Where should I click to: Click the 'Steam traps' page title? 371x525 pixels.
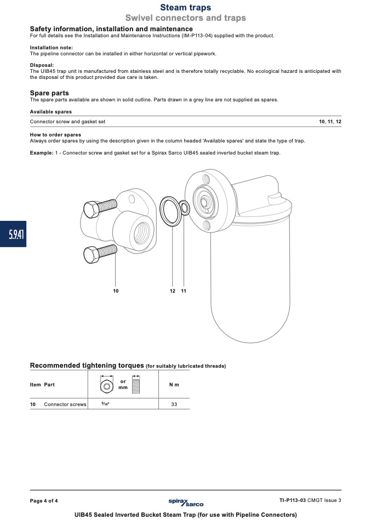[x=185, y=7]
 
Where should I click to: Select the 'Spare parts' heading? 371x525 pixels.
[x=49, y=93]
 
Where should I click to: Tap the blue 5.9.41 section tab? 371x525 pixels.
[x=13, y=234]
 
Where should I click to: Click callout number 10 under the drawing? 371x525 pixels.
[x=116, y=291]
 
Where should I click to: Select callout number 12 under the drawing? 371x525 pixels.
[x=173, y=291]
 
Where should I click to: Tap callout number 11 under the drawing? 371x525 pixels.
[x=184, y=291]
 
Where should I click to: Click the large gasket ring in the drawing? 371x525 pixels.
[x=161, y=212]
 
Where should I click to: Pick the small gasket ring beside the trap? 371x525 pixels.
[x=181, y=208]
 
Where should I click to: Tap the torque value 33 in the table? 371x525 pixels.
[x=174, y=404]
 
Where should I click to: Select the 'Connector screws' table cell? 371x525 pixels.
[x=65, y=404]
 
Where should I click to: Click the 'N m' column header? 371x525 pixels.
[x=174, y=385]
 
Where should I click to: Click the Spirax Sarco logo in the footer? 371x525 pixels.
[x=186, y=502]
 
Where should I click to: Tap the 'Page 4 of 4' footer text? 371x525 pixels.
[x=43, y=501]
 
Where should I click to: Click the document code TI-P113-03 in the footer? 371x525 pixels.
[x=292, y=500]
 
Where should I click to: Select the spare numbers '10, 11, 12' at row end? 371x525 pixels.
[x=330, y=122]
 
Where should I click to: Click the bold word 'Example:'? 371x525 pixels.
[x=42, y=153]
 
